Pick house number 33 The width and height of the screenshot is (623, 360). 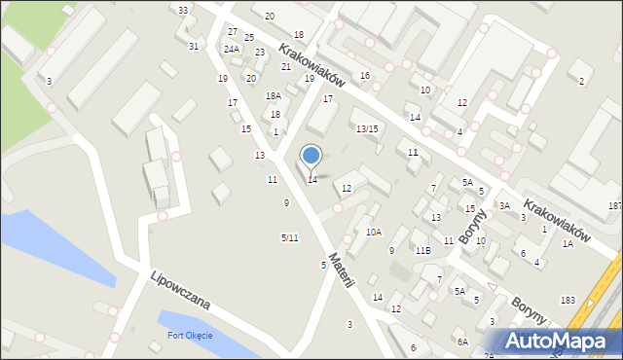click(183, 10)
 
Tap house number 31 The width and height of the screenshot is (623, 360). click(194, 46)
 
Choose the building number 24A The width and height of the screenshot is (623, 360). click(231, 49)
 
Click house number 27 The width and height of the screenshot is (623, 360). click(233, 32)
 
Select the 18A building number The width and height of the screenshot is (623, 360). click(273, 96)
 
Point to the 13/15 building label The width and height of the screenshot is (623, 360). click(366, 129)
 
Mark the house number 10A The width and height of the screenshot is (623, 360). click(374, 233)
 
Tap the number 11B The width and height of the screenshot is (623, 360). click(422, 250)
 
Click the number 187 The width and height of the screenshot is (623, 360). click(614, 206)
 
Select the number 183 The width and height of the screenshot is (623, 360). click(568, 300)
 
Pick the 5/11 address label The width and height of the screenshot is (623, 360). click(289, 238)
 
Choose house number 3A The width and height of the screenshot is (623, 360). click(504, 206)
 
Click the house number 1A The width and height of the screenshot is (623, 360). click(568, 244)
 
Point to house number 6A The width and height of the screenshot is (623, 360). click(463, 342)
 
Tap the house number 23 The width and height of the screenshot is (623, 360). click(260, 53)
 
